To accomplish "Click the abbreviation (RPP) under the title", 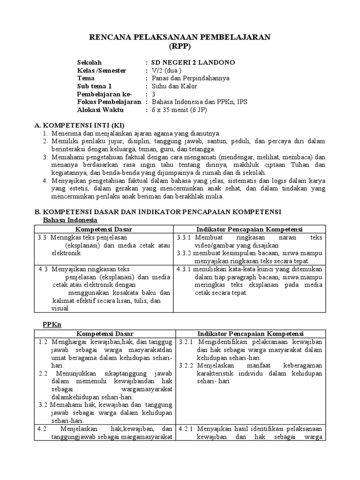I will click(x=180, y=46).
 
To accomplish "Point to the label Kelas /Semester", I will click(x=102, y=70).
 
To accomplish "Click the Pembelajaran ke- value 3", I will click(x=152, y=94).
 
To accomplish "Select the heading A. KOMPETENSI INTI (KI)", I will click(x=79, y=126).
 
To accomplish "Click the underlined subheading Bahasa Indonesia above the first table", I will click(x=70, y=220).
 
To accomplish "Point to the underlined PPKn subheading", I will click(x=52, y=324).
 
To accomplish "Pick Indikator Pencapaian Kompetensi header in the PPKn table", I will click(x=250, y=333).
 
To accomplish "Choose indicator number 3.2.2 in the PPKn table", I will click(x=187, y=365).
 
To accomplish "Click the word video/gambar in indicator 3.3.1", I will click(x=217, y=246).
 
